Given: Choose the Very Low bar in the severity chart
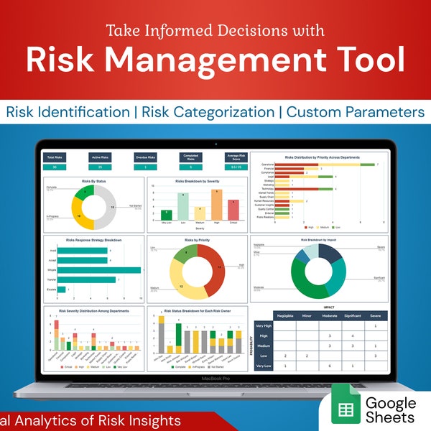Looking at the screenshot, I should [165, 214].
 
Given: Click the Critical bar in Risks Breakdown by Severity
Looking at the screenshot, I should [233, 210].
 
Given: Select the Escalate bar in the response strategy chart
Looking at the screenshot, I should [61, 289].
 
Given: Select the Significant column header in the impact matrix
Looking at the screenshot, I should [352, 315].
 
